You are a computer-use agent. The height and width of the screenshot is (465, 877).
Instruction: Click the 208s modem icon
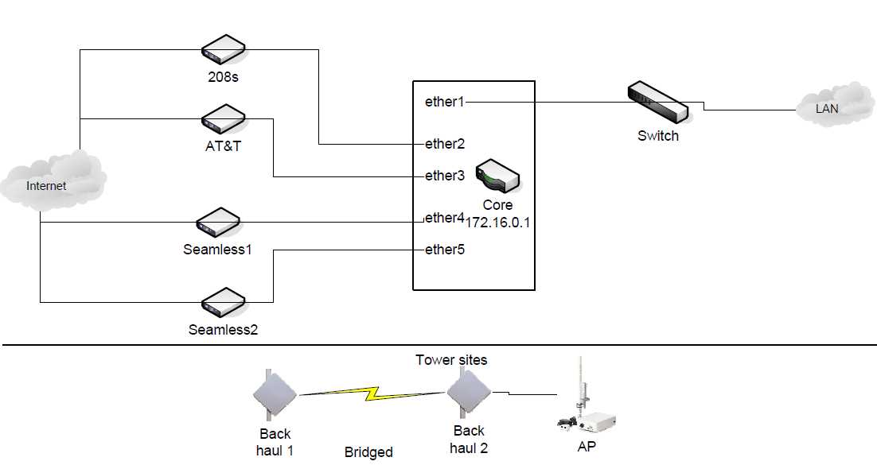pos(222,49)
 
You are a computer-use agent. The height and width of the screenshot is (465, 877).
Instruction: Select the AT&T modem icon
pos(222,118)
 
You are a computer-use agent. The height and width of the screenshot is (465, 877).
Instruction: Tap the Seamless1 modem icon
pos(219,223)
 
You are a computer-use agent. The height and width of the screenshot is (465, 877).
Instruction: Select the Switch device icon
pos(657,103)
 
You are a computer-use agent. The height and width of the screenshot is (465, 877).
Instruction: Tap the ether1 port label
pos(445,102)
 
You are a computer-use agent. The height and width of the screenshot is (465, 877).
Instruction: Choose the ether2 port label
pos(445,144)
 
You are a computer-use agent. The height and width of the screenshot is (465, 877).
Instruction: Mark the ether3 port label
pos(445,176)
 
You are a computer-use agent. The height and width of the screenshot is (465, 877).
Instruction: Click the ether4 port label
pos(445,217)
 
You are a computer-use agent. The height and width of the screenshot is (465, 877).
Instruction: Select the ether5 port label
pos(445,250)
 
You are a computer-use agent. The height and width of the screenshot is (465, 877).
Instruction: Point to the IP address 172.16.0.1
pos(498,223)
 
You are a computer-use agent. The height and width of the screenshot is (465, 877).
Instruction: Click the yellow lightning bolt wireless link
pos(372,392)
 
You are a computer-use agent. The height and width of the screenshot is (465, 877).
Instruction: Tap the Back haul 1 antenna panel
pos(275,393)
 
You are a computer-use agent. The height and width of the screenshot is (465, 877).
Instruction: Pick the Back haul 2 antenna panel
pos(468,392)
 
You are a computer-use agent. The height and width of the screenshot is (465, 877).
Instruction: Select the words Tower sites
pos(451,360)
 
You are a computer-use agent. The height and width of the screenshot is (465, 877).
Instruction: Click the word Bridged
pos(368,451)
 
